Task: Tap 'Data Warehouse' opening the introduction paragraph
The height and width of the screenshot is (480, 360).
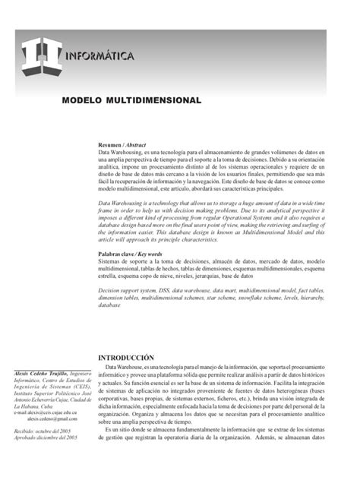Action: point(136,367)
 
